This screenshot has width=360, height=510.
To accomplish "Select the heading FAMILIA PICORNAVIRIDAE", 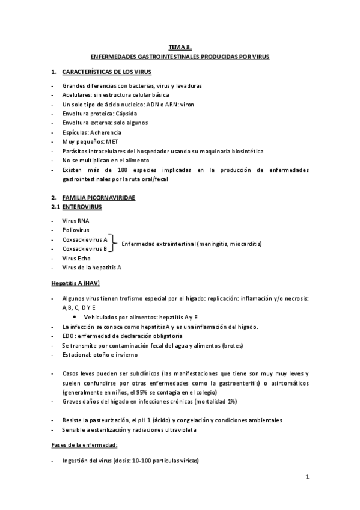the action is (x=99, y=197).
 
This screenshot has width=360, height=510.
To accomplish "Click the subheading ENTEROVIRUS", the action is (x=82, y=207).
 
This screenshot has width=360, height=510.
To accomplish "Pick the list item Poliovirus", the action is (x=76, y=230).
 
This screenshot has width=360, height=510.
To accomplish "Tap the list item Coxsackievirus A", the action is (x=85, y=239).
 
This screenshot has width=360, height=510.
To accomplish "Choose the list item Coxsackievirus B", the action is (x=85, y=248).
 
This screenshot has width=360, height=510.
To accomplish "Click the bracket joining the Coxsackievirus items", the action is (x=114, y=244).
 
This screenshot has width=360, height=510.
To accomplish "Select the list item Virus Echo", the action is (x=76, y=257).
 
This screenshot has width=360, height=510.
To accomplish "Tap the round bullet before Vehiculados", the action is (x=73, y=316).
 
